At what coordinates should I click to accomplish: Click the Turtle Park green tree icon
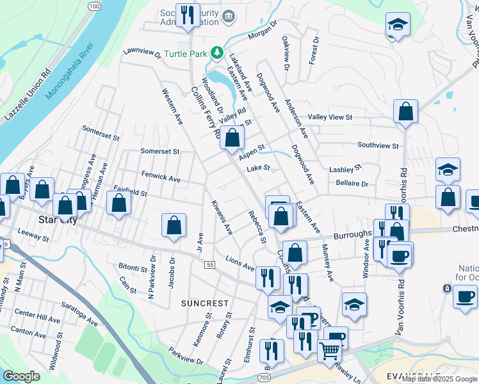(x=217, y=52)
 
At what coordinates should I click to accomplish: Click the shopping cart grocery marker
(x=329, y=350)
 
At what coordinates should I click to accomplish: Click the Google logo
(x=21, y=376)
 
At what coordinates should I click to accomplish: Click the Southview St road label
(x=378, y=145)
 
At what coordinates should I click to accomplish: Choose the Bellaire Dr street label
(x=352, y=183)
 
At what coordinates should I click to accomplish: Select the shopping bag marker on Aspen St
(x=232, y=136)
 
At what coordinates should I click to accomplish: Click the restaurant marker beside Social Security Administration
(x=187, y=15)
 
